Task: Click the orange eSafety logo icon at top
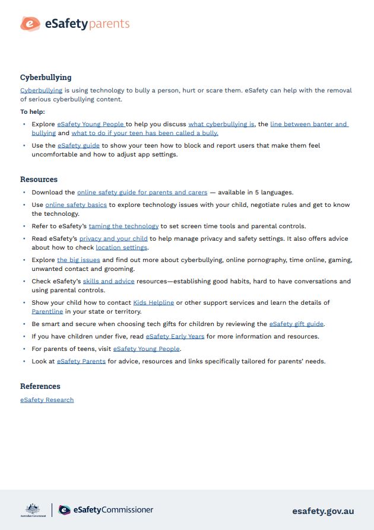30,24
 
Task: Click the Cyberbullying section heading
46,77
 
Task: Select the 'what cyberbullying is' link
221,124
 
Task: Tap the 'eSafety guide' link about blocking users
78,145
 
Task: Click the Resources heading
39,179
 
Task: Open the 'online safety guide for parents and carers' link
142,193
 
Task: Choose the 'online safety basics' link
76,205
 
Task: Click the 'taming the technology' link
123,226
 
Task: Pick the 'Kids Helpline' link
153,303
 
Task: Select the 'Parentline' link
47,311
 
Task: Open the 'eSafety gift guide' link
297,324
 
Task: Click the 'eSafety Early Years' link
175,337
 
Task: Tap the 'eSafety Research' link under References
47,400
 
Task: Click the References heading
40,387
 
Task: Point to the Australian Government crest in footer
32,510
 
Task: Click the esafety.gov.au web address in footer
323,511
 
